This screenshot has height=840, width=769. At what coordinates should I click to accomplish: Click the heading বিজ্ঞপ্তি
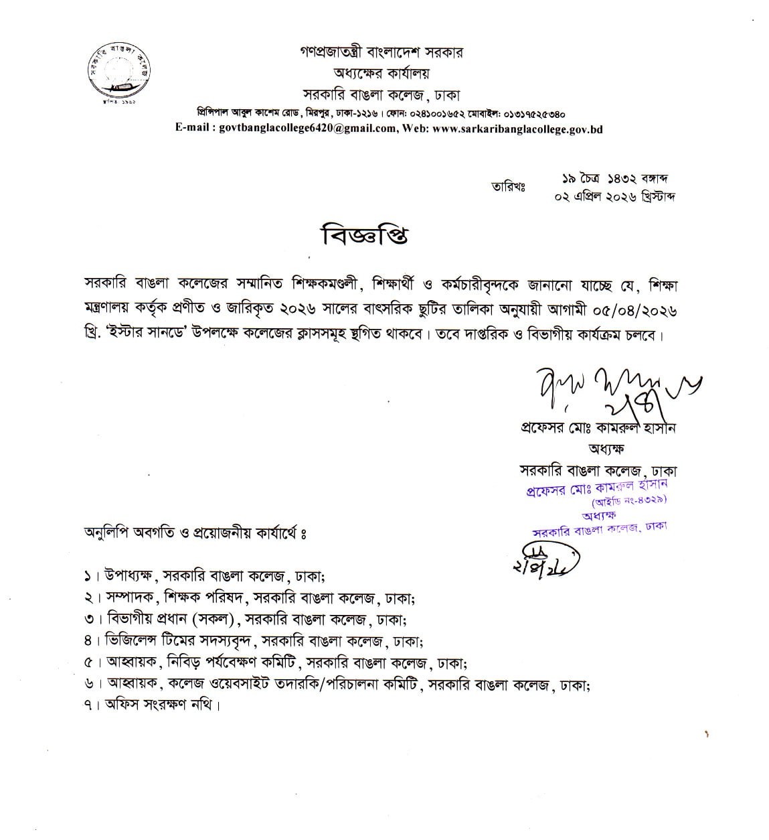click(x=365, y=236)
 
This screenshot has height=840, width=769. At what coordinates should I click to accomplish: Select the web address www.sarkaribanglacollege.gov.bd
click(x=517, y=129)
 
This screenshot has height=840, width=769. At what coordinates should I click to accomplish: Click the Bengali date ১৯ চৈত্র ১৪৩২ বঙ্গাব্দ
click(x=616, y=179)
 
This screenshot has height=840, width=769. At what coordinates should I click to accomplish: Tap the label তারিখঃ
click(x=508, y=187)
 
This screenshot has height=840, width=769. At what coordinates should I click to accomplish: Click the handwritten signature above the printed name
click(x=606, y=389)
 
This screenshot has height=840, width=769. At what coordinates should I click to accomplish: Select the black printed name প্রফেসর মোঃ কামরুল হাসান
click(x=598, y=428)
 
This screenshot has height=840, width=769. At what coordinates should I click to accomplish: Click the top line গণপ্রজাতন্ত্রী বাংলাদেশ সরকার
click(x=381, y=52)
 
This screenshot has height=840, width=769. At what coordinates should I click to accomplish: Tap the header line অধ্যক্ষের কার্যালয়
click(x=381, y=73)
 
